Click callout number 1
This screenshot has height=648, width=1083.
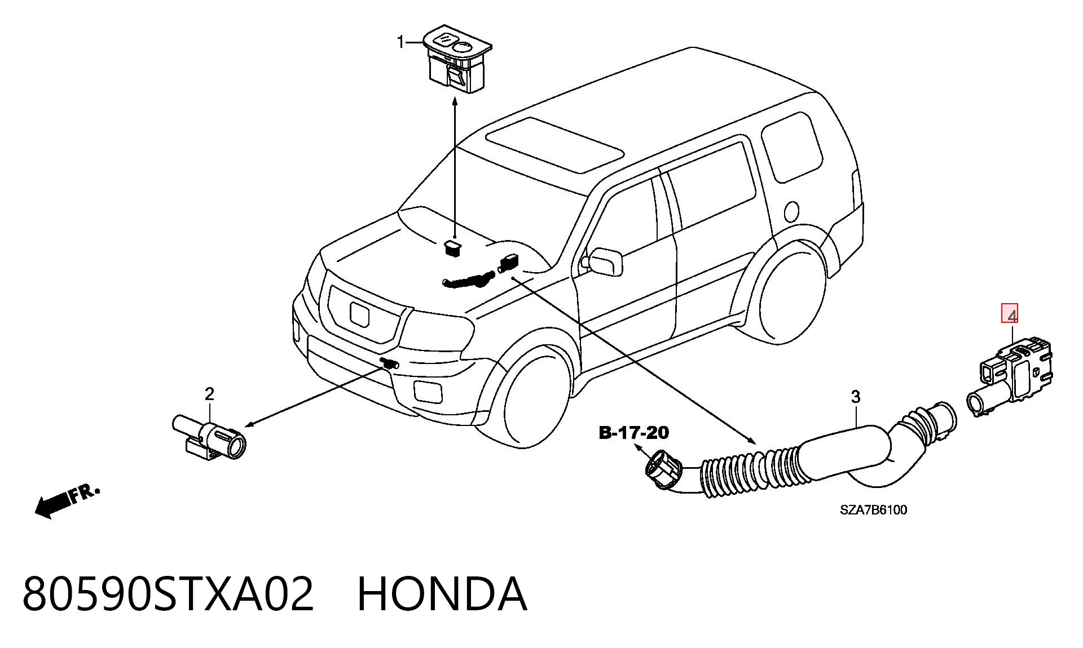pyautogui.click(x=401, y=42)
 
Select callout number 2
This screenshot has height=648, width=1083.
pyautogui.click(x=210, y=394)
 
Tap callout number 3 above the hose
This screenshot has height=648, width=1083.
pyautogui.click(x=856, y=397)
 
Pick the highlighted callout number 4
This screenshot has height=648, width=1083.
pyautogui.click(x=1010, y=314)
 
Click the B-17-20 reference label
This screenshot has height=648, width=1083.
pyautogui.click(x=633, y=433)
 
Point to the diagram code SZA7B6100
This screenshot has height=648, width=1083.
pyautogui.click(x=874, y=510)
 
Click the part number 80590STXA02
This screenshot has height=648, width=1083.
pyautogui.click(x=168, y=594)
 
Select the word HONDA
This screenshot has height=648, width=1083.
pyautogui.click(x=443, y=594)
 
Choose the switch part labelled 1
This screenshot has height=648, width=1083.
pyautogui.click(x=457, y=61)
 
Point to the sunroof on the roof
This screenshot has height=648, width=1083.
pyautogui.click(x=555, y=145)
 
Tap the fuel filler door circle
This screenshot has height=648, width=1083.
pyautogui.click(x=791, y=211)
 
